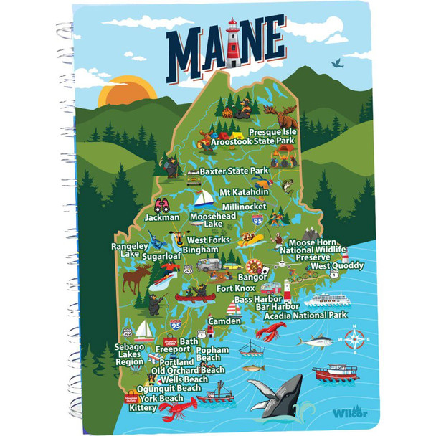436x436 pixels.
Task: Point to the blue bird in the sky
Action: (x=335, y=65)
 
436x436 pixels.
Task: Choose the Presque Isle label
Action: (x=273, y=133)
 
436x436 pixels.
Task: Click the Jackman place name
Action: (x=161, y=217)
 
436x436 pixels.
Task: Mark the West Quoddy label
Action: (x=337, y=266)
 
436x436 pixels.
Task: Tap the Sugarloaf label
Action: (x=160, y=255)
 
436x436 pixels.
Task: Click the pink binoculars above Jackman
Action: (x=161, y=203)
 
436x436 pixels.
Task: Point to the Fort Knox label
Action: (x=234, y=288)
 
